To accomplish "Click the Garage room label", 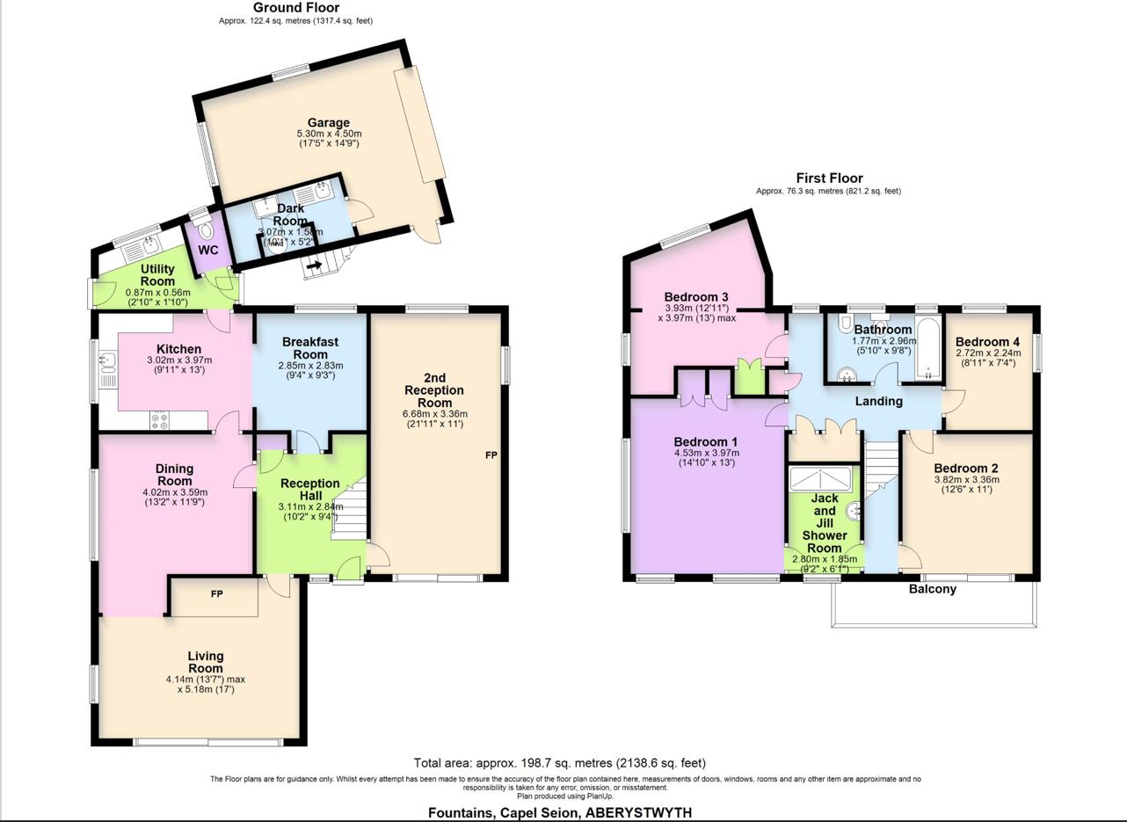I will [x=328, y=123].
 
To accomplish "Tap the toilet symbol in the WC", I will [x=207, y=230].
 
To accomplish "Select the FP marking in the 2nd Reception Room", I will [x=491, y=455].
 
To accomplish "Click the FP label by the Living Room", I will [x=216, y=595].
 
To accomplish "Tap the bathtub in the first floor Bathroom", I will [x=927, y=349].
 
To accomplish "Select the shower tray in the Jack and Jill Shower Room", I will [x=819, y=479].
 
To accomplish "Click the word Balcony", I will [x=932, y=589].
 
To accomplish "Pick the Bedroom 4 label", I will [x=987, y=342].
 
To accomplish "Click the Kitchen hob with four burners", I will [x=161, y=421].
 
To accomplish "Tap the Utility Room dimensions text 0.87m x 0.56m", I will [x=158, y=293].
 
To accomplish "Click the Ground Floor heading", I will [x=295, y=8].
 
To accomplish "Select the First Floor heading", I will [x=829, y=178].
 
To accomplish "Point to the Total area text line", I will [x=559, y=763].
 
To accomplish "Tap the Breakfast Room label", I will [x=310, y=348].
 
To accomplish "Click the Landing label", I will [x=878, y=401].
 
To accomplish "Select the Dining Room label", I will [x=175, y=475].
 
